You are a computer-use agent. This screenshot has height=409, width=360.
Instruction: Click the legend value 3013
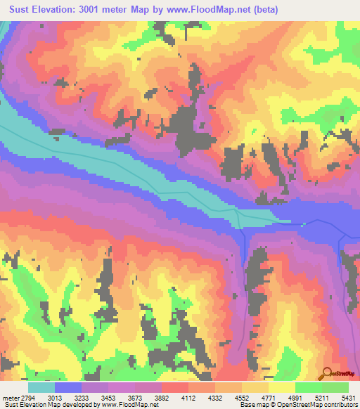click(x=55, y=397)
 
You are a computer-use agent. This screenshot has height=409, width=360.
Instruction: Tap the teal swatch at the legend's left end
click(x=41, y=387)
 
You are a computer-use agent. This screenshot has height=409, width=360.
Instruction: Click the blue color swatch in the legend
click(x=68, y=387)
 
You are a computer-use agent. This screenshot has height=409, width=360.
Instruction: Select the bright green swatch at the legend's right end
click(x=335, y=387)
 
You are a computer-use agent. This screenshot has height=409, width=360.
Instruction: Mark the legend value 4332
click(x=213, y=397)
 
